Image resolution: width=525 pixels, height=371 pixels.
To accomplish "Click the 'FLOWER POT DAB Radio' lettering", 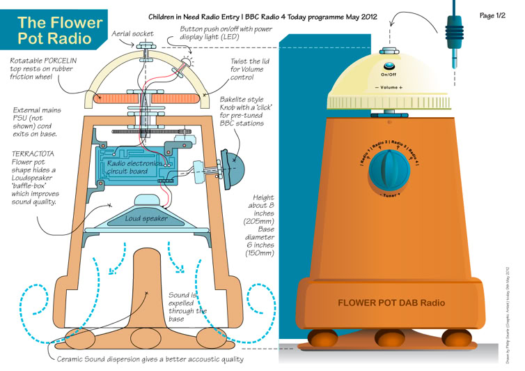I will [x=391, y=303].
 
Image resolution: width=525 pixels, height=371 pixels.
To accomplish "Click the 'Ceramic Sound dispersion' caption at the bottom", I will [x=150, y=359].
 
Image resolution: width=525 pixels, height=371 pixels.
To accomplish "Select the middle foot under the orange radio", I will [x=391, y=338].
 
